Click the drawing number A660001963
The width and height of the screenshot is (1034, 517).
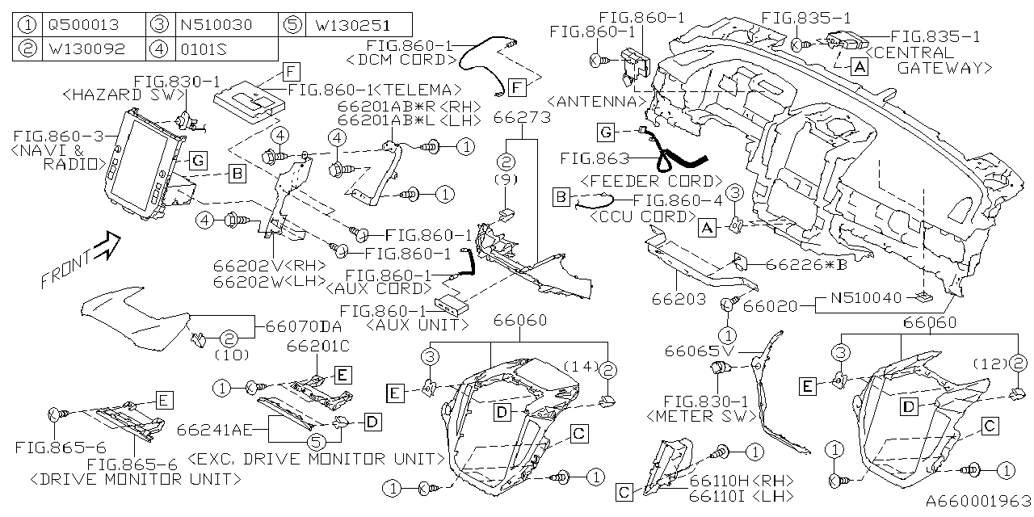pyautogui.click(x=978, y=502)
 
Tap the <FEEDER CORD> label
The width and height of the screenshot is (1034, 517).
pyautogui.click(x=651, y=180)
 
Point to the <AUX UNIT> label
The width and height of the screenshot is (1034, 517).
pyautogui.click(x=418, y=325)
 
